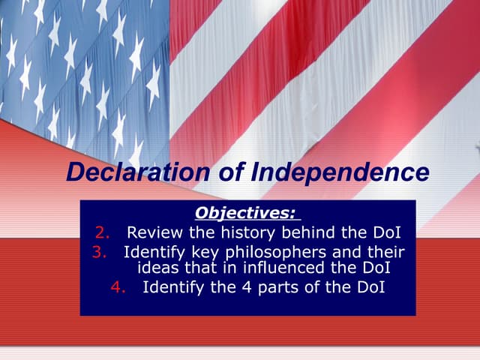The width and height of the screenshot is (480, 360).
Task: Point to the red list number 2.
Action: point(102,232)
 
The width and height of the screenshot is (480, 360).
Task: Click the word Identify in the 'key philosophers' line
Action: point(152,251)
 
